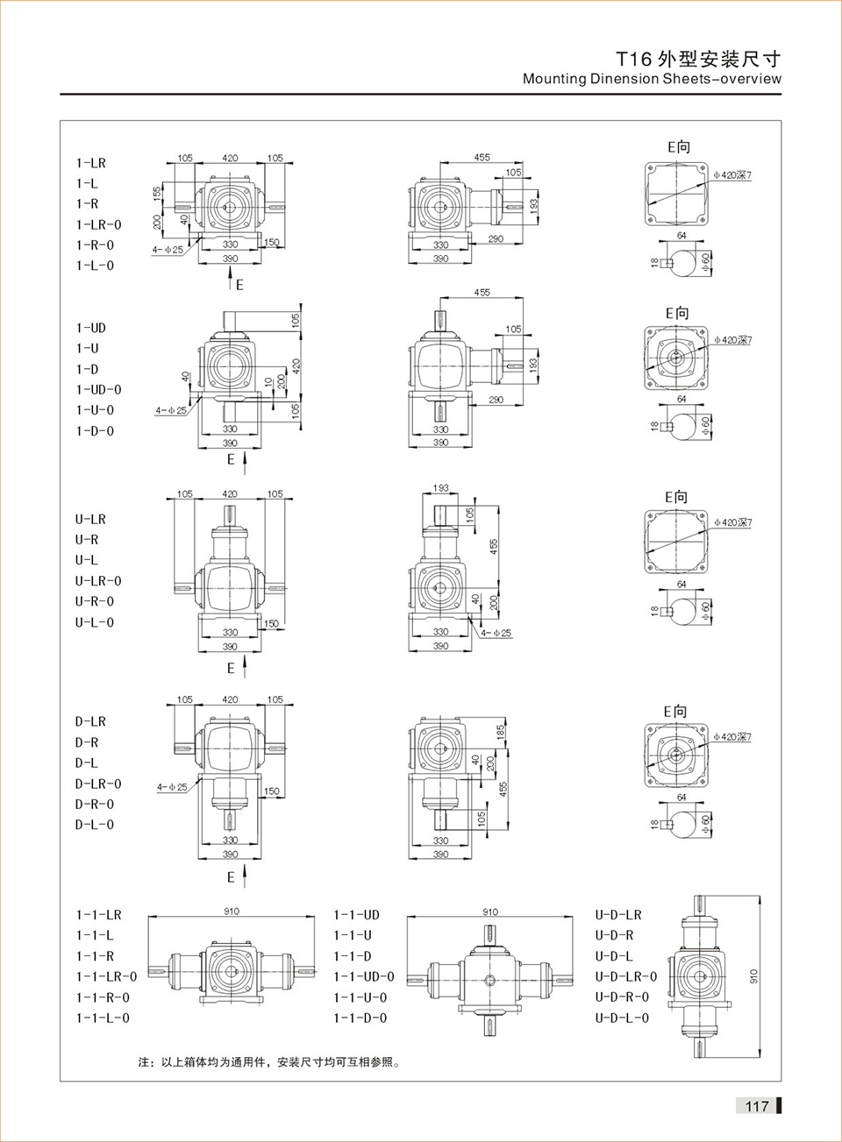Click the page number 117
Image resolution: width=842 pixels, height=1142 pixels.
tap(756, 1106)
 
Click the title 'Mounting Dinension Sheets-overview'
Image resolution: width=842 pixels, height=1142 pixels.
tap(652, 79)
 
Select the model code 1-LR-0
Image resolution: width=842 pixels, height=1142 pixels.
tap(98, 224)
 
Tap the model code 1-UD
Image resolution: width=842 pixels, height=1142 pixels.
tap(90, 328)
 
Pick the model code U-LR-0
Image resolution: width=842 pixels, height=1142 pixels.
tap(98, 581)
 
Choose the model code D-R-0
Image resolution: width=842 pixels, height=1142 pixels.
tap(94, 804)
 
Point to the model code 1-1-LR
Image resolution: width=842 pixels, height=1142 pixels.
tap(98, 915)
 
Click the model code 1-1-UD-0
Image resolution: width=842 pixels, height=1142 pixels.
tap(363, 976)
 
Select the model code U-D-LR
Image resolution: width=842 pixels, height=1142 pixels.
tap(618, 915)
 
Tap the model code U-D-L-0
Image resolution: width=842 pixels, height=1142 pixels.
tap(622, 1018)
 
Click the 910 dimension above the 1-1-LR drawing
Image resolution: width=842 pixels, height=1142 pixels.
tap(232, 911)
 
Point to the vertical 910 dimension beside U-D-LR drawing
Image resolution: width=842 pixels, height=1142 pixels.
tap(753, 975)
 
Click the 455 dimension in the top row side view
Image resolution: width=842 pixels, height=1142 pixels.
tap(482, 158)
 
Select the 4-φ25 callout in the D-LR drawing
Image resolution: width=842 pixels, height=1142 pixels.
tap(172, 787)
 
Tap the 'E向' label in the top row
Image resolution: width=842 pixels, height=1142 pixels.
tap(678, 147)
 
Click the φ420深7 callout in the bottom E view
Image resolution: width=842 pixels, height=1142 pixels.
tap(732, 737)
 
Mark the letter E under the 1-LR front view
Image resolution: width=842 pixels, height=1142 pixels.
tap(239, 285)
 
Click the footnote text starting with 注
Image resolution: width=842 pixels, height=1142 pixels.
tap(269, 1062)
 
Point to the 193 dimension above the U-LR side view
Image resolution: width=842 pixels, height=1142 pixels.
tap(440, 487)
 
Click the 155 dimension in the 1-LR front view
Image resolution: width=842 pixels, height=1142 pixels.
tap(158, 193)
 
